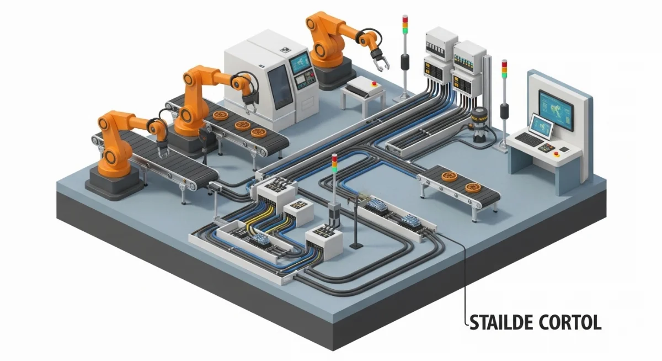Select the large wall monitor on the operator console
(556, 109)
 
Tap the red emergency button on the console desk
(556, 154)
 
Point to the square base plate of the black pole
(355, 244)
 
